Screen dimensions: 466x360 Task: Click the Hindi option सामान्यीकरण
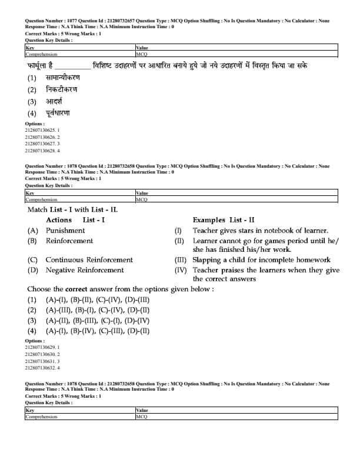click(x=62, y=78)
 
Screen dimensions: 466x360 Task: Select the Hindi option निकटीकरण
click(x=61, y=89)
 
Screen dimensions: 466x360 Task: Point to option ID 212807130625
click(x=42, y=130)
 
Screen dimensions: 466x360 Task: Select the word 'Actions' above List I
click(x=59, y=220)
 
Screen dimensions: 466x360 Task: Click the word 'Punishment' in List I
click(x=65, y=231)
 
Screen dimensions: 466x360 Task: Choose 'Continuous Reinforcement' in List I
click(x=89, y=259)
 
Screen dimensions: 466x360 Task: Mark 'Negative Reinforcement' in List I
click(x=85, y=270)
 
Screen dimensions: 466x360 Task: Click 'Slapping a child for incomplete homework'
click(x=262, y=259)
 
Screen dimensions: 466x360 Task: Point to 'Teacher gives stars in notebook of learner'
click(x=260, y=231)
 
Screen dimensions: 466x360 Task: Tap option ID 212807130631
click(x=42, y=361)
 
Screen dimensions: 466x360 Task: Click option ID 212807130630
click(x=42, y=354)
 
